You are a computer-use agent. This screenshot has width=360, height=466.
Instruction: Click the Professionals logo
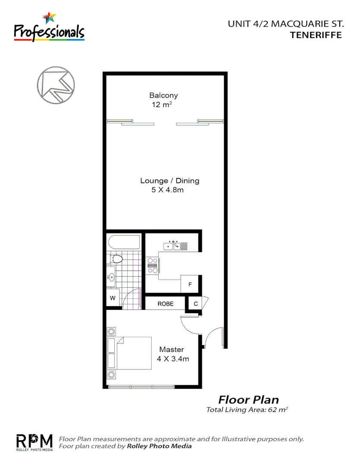(49, 27)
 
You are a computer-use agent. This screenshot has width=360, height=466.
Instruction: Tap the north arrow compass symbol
(56, 85)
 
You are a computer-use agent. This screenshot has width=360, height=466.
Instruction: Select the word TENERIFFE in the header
(316, 35)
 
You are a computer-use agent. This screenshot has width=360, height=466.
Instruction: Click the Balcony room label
(163, 95)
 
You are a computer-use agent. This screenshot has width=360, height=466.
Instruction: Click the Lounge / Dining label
(170, 181)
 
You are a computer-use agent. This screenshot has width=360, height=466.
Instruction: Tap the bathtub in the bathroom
(125, 242)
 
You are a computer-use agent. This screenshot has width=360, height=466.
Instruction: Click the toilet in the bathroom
(116, 259)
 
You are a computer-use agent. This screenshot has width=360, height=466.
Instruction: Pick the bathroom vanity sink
(111, 277)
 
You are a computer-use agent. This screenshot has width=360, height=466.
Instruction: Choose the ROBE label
(165, 304)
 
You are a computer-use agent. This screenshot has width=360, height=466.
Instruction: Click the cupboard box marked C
(195, 304)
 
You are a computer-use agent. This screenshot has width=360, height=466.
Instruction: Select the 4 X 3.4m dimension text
(173, 359)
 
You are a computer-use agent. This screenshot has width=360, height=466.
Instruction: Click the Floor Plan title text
(248, 400)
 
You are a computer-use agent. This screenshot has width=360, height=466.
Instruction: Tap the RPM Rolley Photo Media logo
(34, 442)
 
